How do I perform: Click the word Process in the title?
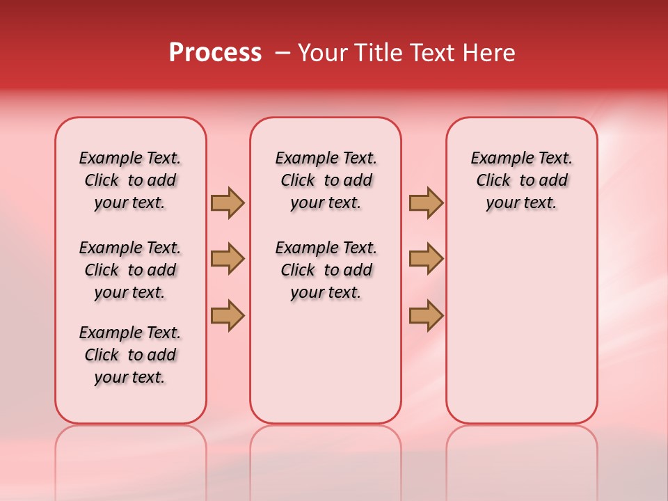point(215,53)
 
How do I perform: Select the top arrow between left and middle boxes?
point(228,202)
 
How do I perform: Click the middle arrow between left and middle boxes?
point(228,259)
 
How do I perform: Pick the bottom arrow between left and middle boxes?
point(228,315)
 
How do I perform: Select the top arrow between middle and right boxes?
point(426,202)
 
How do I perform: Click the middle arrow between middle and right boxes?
point(426,259)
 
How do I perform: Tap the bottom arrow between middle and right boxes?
point(426,315)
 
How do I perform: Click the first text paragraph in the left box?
point(130,180)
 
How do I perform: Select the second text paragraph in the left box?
point(130,270)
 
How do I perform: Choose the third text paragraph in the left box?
point(130,355)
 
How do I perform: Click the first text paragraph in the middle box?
point(326,180)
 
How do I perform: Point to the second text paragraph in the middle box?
point(326,270)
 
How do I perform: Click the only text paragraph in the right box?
point(521,180)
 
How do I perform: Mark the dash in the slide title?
point(282,53)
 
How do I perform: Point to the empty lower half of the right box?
point(521,334)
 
